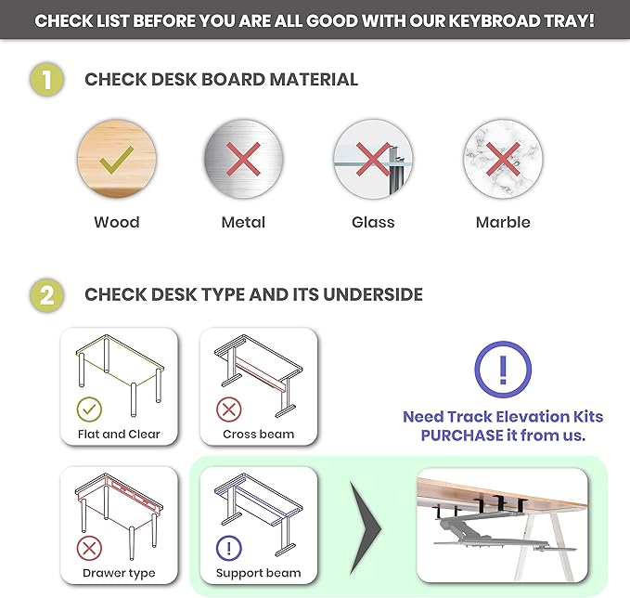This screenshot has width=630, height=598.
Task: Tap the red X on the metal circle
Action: click(243, 160)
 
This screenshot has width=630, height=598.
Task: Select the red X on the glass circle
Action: click(373, 160)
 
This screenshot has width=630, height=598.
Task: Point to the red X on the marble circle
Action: click(503, 160)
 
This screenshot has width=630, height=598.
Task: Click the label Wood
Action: click(117, 222)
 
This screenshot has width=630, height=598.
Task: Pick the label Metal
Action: click(243, 222)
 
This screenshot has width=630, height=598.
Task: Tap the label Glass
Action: click(373, 222)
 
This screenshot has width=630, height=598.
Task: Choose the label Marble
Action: click(503, 222)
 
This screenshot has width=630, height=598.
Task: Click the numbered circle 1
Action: click(47, 79)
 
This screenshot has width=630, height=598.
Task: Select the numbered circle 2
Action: click(47, 294)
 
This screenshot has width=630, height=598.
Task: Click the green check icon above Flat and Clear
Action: click(89, 409)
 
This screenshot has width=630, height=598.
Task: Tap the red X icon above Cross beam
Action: click(229, 409)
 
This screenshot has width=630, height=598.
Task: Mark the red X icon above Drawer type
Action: click(89, 548)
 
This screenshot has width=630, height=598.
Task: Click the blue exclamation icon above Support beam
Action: click(229, 548)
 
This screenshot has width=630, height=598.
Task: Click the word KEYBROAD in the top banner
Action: click(495, 21)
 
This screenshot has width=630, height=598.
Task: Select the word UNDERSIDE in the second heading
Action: click(373, 294)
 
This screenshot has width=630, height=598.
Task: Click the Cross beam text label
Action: click(259, 435)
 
